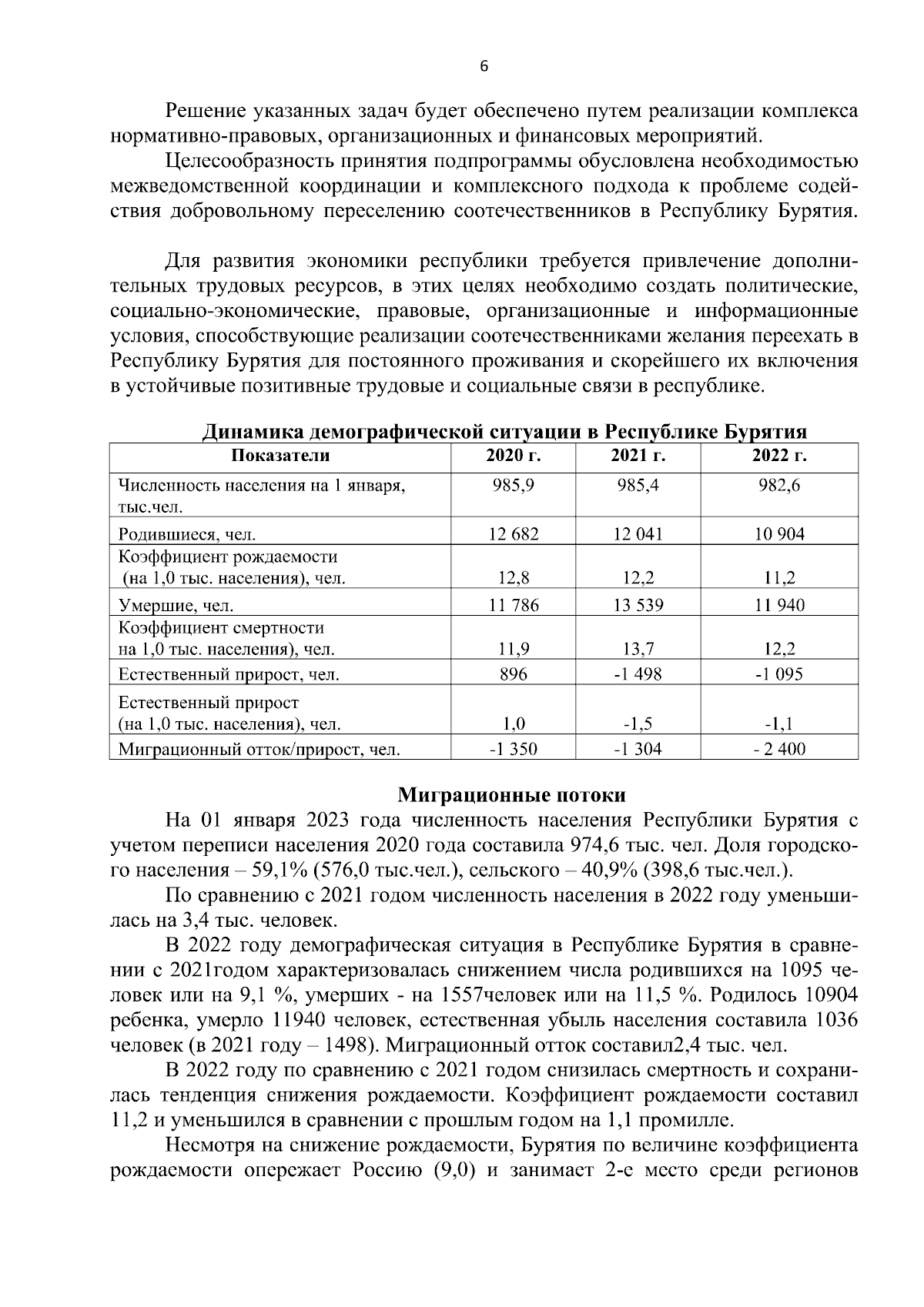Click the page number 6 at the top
click(484, 66)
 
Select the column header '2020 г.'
click(514, 455)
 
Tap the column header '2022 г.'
click(779, 455)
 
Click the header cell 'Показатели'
click(280, 455)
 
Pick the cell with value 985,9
click(514, 486)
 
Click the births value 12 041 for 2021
click(638, 534)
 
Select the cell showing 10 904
click(779, 534)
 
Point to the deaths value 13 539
click(638, 605)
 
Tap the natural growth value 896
click(514, 674)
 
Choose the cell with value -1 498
click(638, 674)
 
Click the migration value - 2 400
click(779, 747)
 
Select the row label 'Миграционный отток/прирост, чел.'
click(259, 748)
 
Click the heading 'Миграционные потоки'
click(512, 794)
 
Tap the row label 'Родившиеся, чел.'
click(187, 535)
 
